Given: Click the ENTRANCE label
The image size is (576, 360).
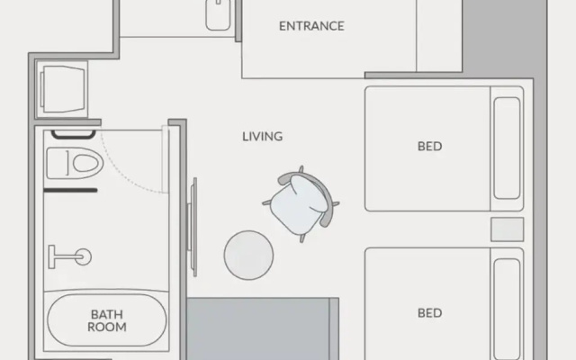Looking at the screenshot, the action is coord(311,26).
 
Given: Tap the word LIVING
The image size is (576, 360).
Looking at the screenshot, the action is coord(262,137).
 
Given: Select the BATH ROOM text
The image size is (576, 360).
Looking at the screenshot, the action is coord(107,320).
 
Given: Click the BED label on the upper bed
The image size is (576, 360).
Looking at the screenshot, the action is coord(430,147).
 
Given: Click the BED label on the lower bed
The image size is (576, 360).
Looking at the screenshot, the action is coord(430,313).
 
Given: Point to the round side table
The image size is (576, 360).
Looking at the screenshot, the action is coord(248,256).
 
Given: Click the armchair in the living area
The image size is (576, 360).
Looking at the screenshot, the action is coord(301,204).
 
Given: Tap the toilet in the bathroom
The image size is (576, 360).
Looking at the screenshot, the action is coord(75,163).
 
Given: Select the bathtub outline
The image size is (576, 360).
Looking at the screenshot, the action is coord(107,320).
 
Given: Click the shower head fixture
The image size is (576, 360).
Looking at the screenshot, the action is coord(70,256).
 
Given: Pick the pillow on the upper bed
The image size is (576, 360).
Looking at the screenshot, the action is coord(507,148).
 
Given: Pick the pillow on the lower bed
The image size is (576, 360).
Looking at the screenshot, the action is coord(507,310).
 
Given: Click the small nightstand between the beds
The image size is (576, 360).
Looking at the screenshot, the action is coord(508,229).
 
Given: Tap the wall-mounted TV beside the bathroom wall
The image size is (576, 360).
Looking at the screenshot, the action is coord(193,227).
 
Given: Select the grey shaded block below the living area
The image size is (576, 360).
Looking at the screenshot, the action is coord(262,329).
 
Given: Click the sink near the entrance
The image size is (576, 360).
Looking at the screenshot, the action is coord(218,15).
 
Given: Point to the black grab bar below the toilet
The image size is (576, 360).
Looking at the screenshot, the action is coord(70,190).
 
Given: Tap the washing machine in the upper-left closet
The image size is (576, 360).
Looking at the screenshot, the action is coord(62,89).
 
